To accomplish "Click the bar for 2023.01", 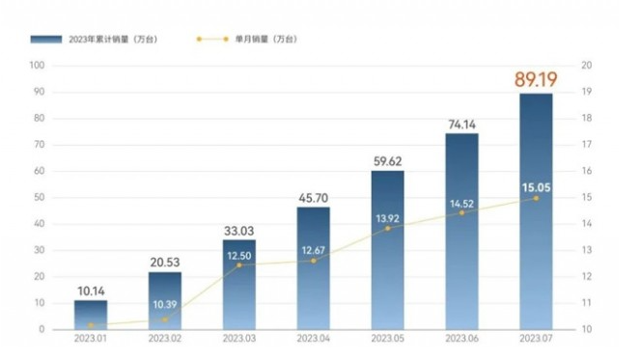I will [91, 315].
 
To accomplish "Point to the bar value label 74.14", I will [461, 124].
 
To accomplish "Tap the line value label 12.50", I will [239, 255].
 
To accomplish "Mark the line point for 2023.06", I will [461, 212].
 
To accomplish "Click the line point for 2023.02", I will [165, 319].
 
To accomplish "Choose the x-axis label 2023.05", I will [387, 340].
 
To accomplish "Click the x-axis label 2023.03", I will [239, 340].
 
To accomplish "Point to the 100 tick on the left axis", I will [39, 66].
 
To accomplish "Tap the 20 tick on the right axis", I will [586, 66].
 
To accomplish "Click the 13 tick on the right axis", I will [586, 250].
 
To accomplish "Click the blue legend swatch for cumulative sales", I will [46, 40].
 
